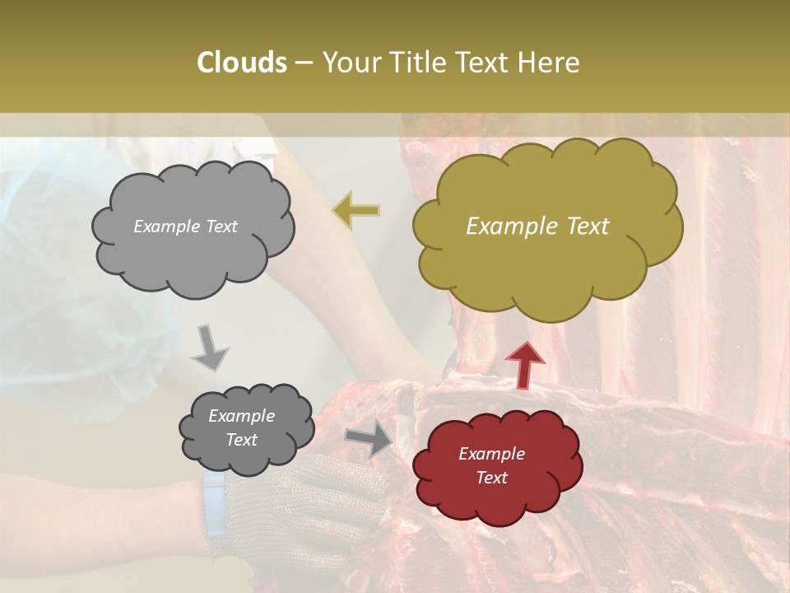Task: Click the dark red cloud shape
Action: [496, 467]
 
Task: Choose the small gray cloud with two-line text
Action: [246, 428]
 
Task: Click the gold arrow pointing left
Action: [356, 210]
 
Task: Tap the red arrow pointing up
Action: [524, 364]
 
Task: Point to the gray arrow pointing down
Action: [210, 347]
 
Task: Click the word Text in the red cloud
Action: [491, 478]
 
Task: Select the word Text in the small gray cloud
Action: [241, 440]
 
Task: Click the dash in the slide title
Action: [303, 63]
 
